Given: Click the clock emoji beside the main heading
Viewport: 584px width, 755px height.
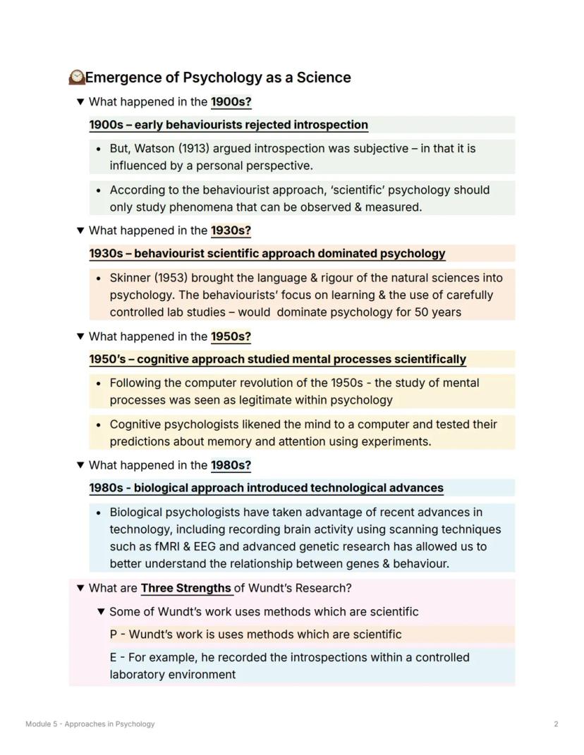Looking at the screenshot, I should point(76,77).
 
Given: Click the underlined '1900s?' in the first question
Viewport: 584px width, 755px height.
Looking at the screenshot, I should point(231,102).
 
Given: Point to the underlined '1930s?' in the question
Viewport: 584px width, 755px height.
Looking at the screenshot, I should point(231,231).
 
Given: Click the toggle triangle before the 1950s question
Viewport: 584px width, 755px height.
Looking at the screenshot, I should point(80,336).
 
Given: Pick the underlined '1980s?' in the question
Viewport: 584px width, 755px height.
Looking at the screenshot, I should point(231,465).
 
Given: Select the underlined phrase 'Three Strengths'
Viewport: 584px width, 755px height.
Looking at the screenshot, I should point(186,588).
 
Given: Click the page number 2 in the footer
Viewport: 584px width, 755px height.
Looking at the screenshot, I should point(556,724).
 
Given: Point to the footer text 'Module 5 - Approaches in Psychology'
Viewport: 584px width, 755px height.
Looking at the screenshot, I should point(90,724).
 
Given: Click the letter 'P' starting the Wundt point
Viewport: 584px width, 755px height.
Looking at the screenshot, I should point(114,634).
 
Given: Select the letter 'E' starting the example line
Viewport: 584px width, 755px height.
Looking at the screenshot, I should point(114,658).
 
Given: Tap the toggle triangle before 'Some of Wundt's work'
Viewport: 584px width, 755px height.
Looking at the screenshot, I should point(101,611).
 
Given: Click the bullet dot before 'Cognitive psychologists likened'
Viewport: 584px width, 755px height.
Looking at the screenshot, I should point(98,425).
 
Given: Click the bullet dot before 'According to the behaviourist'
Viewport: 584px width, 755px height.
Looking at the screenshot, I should point(98,190).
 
